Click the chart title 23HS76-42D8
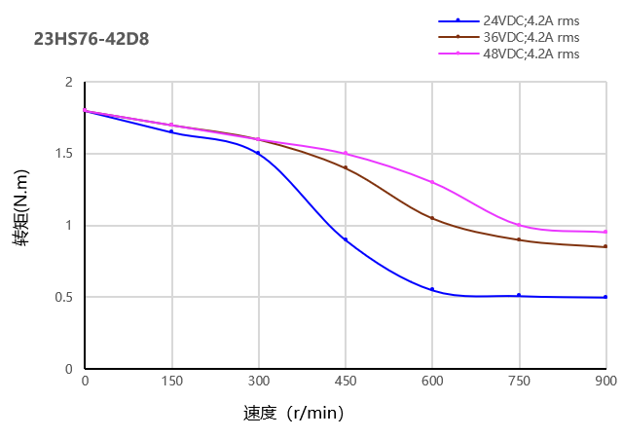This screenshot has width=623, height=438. [x=92, y=40]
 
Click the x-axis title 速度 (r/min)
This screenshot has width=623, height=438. [x=293, y=413]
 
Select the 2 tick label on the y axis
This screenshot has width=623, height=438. [x=69, y=83]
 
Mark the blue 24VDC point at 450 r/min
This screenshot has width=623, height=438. [x=346, y=239]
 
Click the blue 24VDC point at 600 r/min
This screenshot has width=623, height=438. [x=432, y=289]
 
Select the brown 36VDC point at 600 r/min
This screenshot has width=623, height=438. [x=432, y=218]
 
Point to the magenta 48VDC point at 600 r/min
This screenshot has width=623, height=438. [x=432, y=182]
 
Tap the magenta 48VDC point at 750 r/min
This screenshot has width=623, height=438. [x=519, y=225]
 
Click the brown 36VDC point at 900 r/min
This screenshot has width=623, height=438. [x=605, y=246]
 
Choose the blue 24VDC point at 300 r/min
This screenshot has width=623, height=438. [x=259, y=154]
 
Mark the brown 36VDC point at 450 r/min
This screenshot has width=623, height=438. [x=346, y=167]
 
